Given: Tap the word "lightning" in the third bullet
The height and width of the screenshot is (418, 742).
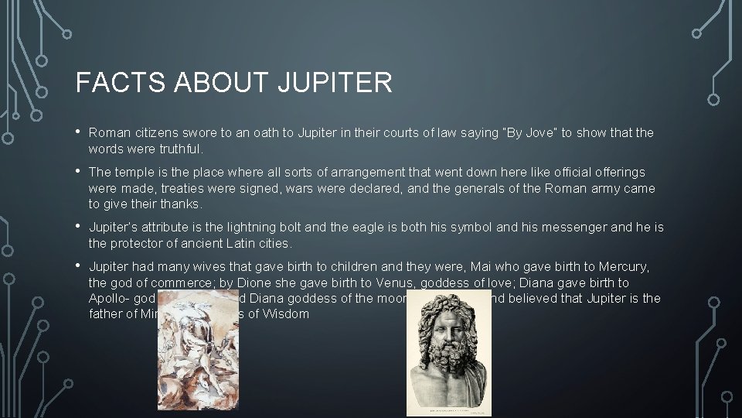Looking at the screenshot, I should point(265,228).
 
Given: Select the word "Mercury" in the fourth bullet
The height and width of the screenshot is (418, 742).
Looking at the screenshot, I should point(625,267).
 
